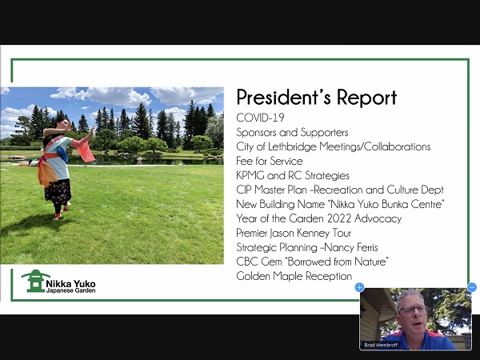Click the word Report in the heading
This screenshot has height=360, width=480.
tap(366, 98)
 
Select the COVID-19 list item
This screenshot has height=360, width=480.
tap(260, 118)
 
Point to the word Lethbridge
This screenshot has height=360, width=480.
tap(292, 146)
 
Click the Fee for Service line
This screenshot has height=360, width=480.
tap(270, 161)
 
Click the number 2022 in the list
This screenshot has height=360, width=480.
tap(339, 218)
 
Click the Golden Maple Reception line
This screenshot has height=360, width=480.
tap(294, 276)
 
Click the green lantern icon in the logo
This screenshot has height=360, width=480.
tap(35, 281)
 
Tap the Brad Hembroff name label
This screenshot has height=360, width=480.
tap(381, 345)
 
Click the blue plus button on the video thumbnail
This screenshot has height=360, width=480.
tap(359, 287)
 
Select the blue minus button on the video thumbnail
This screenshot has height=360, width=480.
tap(472, 287)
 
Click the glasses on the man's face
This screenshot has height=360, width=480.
tap(412, 309)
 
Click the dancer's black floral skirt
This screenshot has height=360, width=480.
tap(58, 191)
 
